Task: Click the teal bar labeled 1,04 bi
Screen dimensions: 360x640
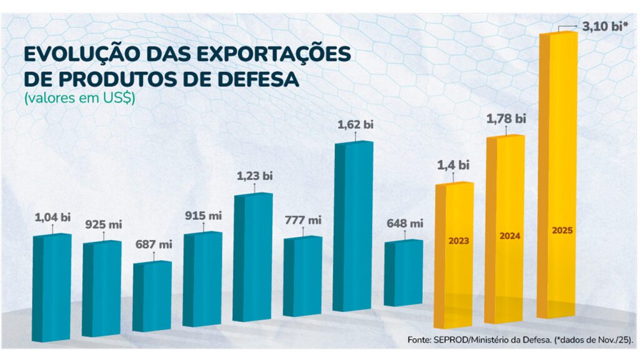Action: click(x=52, y=287)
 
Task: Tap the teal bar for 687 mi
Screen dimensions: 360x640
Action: click(x=152, y=296)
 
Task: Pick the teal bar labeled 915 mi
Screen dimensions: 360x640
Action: click(x=202, y=279)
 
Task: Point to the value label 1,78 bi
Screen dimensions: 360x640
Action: click(x=506, y=118)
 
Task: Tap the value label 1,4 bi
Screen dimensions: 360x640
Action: click(x=453, y=166)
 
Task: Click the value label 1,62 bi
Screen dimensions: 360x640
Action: click(x=355, y=124)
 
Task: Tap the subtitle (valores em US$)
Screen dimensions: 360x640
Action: click(x=79, y=99)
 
